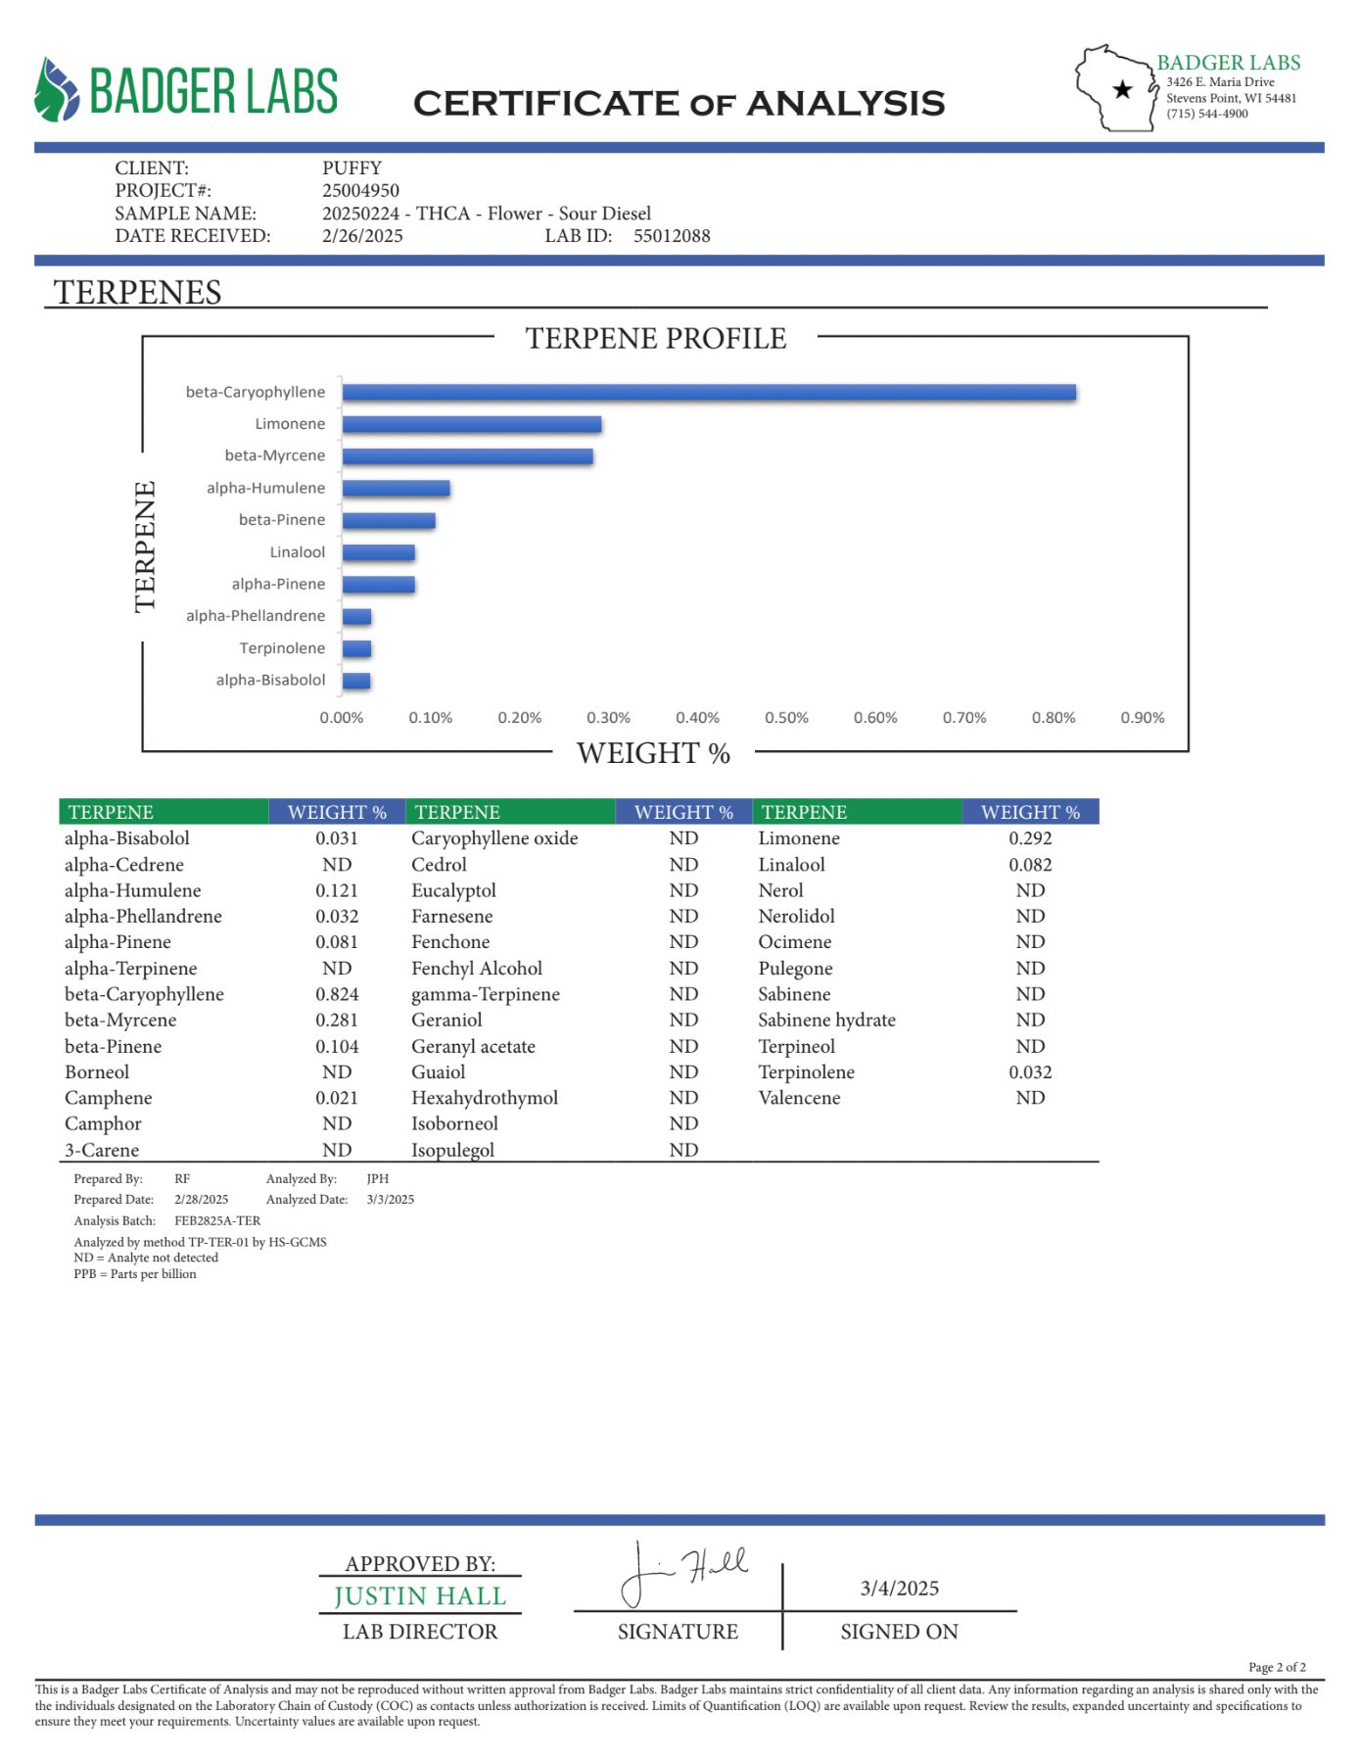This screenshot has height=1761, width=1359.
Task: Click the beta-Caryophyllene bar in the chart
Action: [709, 393]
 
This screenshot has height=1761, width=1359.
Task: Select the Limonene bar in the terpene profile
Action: [471, 425]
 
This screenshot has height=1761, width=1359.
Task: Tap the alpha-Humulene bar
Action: [396, 489]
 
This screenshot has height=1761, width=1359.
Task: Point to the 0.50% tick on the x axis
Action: [786, 718]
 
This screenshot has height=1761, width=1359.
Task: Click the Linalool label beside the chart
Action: [298, 552]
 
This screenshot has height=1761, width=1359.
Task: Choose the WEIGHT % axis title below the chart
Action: [653, 753]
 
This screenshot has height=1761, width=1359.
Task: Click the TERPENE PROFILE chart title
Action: [655, 339]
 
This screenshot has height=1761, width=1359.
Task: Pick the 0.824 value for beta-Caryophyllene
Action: [337, 994]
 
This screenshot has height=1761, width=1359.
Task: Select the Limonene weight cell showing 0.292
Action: [1030, 838]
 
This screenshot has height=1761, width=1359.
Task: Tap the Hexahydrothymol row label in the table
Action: [485, 1098]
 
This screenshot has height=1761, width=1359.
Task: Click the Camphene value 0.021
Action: [337, 1098]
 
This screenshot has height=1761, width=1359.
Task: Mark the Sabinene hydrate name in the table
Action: [826, 1020]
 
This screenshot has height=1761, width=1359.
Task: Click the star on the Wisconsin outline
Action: [1122, 90]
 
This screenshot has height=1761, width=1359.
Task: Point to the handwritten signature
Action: [685, 1570]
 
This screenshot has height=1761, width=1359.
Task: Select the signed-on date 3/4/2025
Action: [899, 1589]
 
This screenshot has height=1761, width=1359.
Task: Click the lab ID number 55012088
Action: [672, 236]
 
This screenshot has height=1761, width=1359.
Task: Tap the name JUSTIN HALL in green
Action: [420, 1596]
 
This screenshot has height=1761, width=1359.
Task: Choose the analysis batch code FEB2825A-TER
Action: [217, 1221]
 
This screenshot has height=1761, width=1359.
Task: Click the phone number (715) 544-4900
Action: [1206, 114]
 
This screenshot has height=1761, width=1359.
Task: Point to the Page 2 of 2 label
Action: [1277, 1667]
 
